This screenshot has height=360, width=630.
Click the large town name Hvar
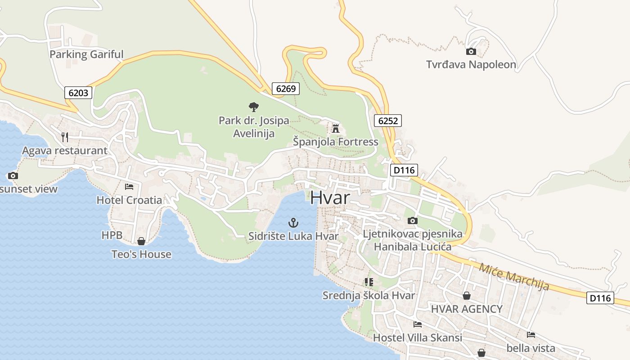coord(330,198)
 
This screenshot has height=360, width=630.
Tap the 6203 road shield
coord(78,93)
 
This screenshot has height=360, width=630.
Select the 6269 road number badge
coord(286,89)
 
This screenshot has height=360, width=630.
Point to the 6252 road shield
coord(387,120)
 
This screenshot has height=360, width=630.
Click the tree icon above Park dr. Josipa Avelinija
coord(254,107)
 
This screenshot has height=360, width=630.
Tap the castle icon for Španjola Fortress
coord(335,129)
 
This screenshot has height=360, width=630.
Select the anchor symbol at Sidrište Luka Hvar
coord(293,222)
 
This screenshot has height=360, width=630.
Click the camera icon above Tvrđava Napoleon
coord(471,51)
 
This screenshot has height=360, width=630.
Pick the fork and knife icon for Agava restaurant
coord(65,137)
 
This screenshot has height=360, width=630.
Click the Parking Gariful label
coord(86,54)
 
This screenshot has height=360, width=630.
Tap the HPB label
coord(112,235)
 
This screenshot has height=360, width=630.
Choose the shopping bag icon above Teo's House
coord(141,241)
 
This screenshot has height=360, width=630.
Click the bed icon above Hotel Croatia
coord(129,186)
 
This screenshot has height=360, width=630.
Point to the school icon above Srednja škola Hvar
coord(369,282)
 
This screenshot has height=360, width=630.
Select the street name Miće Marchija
coord(514,277)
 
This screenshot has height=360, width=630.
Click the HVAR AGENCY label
coord(467,309)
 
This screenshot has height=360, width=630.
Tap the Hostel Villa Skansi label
coord(418,337)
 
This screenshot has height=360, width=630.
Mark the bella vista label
coord(531,348)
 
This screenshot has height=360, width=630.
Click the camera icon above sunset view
coord(13,175)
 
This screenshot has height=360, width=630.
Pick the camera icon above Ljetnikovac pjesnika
coord(412,220)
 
